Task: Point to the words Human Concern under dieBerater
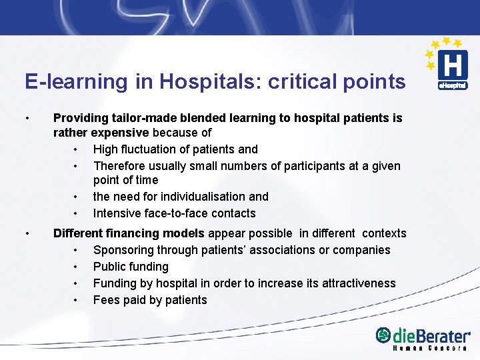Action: tap(430, 349)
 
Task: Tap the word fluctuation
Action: tap(154, 149)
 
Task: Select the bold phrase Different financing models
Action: tap(129, 233)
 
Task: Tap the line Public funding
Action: tap(131, 267)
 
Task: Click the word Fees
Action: tap(107, 300)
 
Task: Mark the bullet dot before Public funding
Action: tap(77, 267)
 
